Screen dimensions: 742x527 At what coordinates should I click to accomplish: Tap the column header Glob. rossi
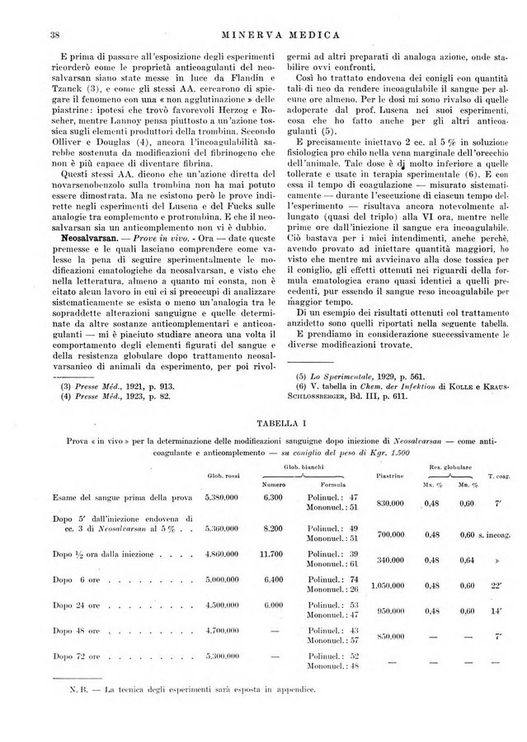219,477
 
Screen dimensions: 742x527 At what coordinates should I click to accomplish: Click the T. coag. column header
498,477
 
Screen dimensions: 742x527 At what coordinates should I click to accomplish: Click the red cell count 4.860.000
220,555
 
